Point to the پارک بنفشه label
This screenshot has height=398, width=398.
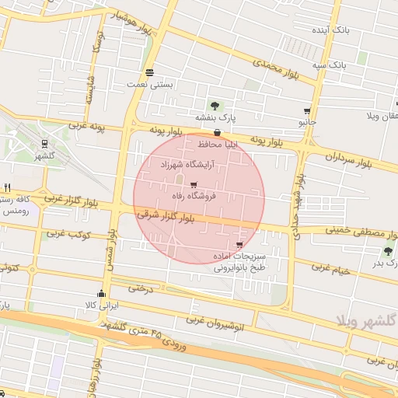click(215, 118)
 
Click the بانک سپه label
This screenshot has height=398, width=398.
click(330, 65)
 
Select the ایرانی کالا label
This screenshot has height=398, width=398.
click(101, 305)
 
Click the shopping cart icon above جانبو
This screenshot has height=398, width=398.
click(308, 111)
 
